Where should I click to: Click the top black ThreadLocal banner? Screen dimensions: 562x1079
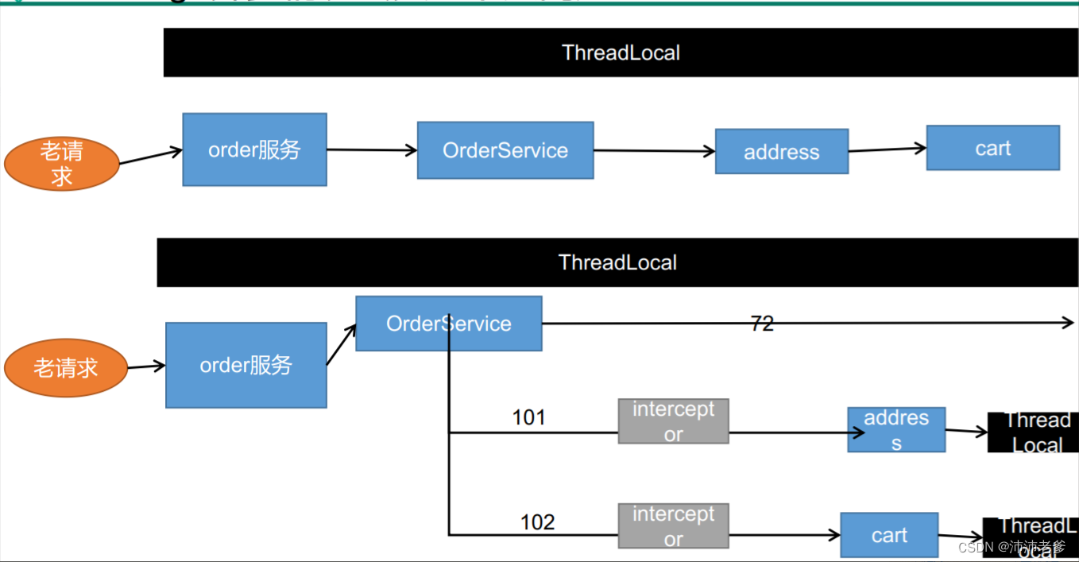[621, 52]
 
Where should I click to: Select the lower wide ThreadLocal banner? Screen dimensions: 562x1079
[617, 262]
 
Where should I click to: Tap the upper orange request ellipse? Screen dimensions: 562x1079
[62, 164]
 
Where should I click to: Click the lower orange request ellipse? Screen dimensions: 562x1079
[66, 367]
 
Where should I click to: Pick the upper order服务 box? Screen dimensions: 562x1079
[254, 149]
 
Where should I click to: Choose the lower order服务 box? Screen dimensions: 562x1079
[246, 365]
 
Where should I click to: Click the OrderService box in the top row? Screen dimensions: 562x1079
[505, 150]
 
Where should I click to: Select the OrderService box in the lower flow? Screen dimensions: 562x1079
[449, 324]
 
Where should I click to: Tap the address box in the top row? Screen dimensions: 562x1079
[782, 152]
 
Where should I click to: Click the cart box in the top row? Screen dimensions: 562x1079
[992, 148]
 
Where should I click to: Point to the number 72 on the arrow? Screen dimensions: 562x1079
[761, 324]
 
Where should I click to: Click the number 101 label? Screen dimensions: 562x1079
[528, 417]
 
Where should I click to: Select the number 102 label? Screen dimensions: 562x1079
[537, 522]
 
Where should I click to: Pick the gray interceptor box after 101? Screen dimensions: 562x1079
[673, 421]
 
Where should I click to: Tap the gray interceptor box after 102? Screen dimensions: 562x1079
[673, 526]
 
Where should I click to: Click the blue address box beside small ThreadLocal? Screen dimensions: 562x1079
[896, 430]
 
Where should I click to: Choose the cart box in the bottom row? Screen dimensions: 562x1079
[889, 535]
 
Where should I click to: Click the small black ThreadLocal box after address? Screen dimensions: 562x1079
[1032, 432]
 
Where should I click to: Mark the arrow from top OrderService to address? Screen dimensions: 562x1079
[654, 151]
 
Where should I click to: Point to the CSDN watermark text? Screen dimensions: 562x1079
[1011, 547]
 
